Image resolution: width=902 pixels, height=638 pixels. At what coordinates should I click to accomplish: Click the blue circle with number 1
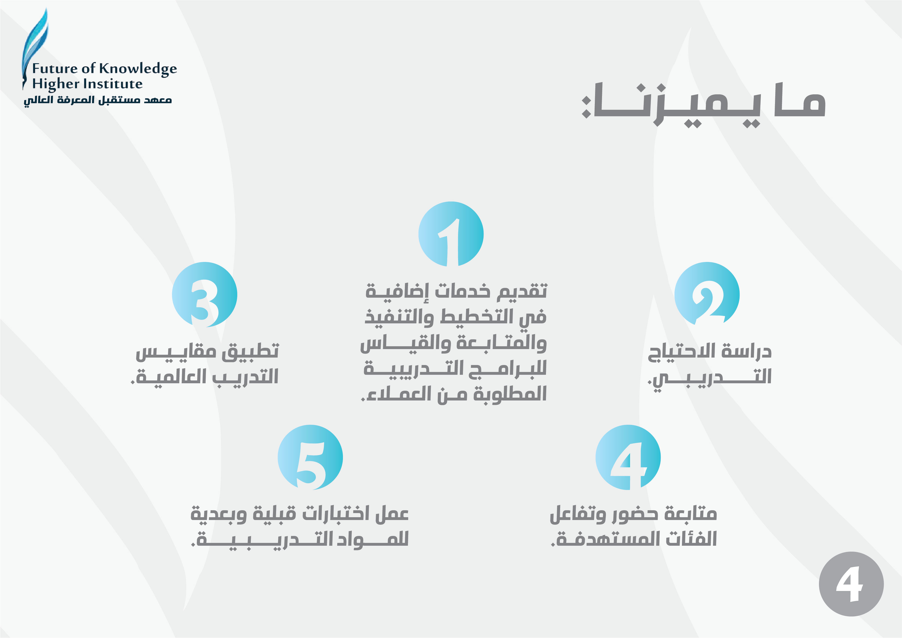[451, 234]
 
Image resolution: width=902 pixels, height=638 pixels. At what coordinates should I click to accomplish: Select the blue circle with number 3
[204, 295]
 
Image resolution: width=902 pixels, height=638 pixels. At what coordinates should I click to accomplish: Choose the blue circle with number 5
[310, 457]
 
